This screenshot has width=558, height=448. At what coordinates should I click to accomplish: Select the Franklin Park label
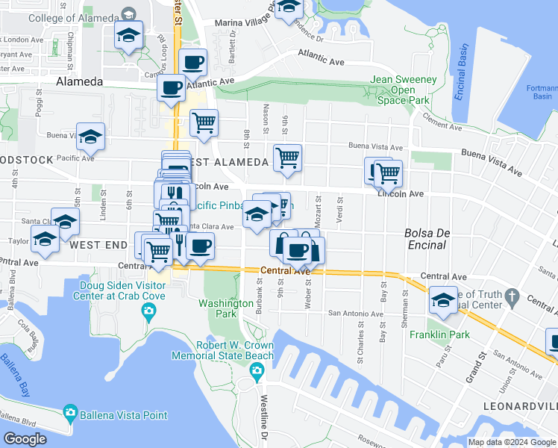click(x=439, y=335)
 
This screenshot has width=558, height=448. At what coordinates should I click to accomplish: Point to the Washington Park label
click(x=226, y=309)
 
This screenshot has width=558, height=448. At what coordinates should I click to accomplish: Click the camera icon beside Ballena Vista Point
click(x=70, y=411)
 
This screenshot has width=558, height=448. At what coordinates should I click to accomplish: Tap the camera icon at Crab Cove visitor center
click(x=149, y=310)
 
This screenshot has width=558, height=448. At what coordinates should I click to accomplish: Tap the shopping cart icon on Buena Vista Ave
click(x=287, y=158)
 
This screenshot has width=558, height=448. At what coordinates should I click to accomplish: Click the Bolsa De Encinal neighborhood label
click(x=427, y=238)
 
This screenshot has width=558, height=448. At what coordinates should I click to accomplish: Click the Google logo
click(x=25, y=439)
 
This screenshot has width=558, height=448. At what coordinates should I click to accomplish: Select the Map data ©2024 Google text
click(x=512, y=442)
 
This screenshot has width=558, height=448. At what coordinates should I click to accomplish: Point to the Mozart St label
click(x=319, y=205)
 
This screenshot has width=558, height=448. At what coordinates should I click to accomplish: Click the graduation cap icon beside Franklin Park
click(x=444, y=299)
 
